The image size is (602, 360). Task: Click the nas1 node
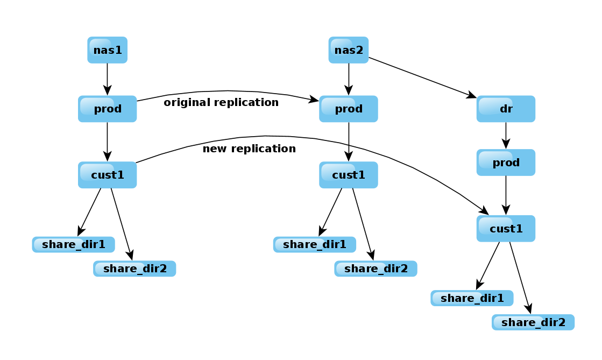[x=107, y=50]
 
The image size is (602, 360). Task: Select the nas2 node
[x=348, y=50]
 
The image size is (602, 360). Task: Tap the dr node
[x=506, y=109]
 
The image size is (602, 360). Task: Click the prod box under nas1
[x=107, y=109]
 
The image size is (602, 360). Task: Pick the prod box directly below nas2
[x=348, y=109]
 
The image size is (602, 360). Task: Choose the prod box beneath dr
[x=506, y=163]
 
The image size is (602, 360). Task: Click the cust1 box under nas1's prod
[x=107, y=175]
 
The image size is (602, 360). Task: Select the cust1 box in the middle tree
[x=348, y=175]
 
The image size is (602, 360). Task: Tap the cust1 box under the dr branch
[x=506, y=228]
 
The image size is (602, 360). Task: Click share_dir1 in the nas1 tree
[x=73, y=244]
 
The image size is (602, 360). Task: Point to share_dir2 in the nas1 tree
[x=134, y=269]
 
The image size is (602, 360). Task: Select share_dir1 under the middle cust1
[x=314, y=244]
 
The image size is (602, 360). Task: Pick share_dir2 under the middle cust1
[x=376, y=269]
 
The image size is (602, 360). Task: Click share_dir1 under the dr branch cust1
[x=472, y=298]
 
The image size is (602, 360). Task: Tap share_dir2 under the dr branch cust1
[x=533, y=322]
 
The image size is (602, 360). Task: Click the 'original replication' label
[x=221, y=102]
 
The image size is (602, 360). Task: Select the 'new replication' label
[x=249, y=149]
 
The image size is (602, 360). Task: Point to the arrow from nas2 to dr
[x=422, y=77]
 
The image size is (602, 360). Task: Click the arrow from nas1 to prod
[x=107, y=79]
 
